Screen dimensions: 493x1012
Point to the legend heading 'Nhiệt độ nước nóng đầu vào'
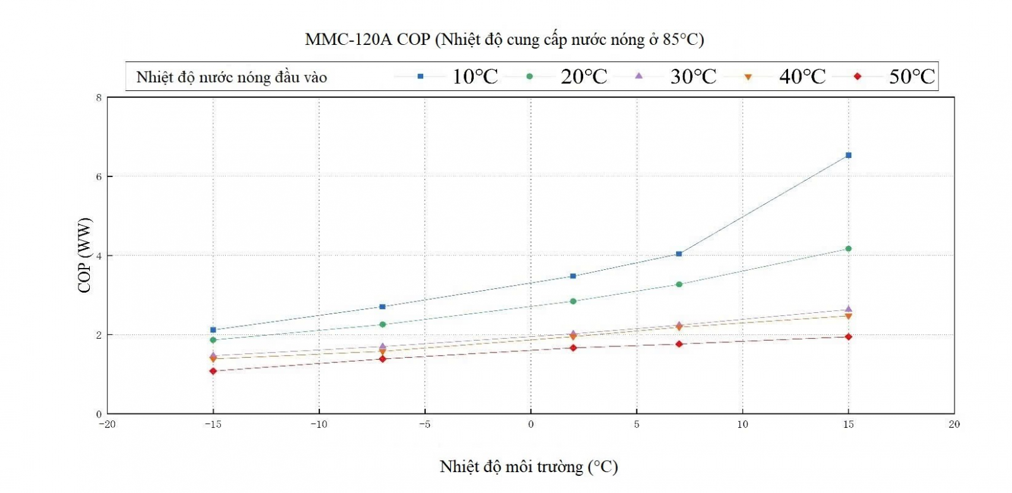click(x=231, y=78)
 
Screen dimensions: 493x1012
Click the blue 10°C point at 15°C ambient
click(x=848, y=155)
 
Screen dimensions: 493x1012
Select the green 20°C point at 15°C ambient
click(x=848, y=249)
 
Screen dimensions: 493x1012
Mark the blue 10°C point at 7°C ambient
click(x=679, y=254)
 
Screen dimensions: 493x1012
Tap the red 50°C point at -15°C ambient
click(x=213, y=371)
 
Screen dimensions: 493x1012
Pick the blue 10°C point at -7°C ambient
click(x=382, y=307)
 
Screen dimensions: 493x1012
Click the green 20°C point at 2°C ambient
click(x=573, y=301)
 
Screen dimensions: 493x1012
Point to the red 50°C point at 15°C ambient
click(x=848, y=337)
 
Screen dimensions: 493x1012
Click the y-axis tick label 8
click(x=99, y=98)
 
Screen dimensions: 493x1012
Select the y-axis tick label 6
click(x=99, y=177)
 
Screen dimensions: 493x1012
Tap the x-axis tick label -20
click(x=107, y=425)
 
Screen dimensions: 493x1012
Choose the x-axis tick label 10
click(x=743, y=425)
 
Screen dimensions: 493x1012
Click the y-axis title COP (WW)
click(x=84, y=255)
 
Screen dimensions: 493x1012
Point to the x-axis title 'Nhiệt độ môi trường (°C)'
click(x=529, y=467)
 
